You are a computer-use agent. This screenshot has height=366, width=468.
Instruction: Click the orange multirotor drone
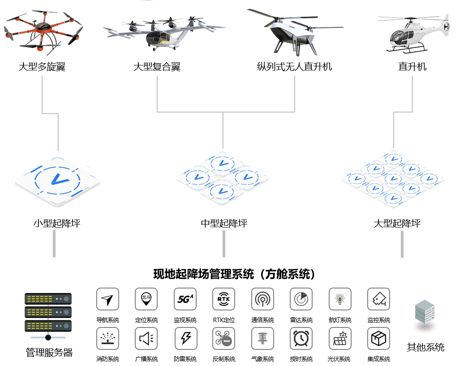click(x=43, y=30)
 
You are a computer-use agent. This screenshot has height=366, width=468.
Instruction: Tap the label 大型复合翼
click(x=157, y=67)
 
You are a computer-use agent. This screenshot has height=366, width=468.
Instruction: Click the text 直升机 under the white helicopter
click(x=412, y=66)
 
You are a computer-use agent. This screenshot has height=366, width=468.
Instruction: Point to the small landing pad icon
click(x=58, y=181)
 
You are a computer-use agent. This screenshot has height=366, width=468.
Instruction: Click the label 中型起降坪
click(x=224, y=223)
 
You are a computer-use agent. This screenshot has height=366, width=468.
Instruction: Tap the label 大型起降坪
click(x=397, y=223)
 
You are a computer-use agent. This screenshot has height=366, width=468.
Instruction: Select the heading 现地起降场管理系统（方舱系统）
click(x=234, y=274)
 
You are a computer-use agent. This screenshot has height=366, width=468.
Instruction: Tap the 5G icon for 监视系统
click(x=185, y=299)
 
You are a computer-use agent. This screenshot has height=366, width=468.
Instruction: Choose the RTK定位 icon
click(x=224, y=299)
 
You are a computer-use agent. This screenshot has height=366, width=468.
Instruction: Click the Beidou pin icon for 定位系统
click(x=146, y=299)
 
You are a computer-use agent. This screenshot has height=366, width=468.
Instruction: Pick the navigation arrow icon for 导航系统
click(x=108, y=299)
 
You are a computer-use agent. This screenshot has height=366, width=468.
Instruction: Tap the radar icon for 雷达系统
click(x=301, y=299)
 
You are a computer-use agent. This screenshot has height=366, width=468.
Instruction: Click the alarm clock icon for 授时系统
click(x=301, y=339)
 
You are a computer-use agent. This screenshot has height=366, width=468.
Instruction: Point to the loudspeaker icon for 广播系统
click(x=146, y=339)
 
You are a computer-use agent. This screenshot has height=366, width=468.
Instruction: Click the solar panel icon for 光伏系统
click(x=340, y=339)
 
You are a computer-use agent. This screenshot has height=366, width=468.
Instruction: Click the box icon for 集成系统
click(x=379, y=339)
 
